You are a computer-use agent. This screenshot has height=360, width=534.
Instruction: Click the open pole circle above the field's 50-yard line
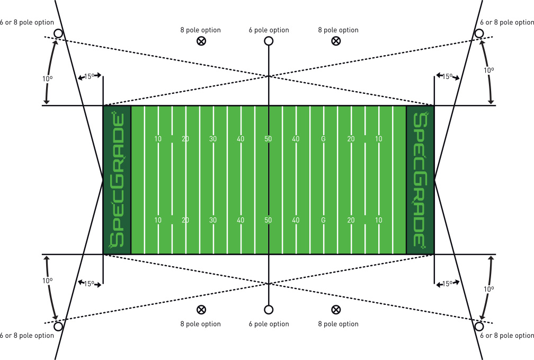[269, 37]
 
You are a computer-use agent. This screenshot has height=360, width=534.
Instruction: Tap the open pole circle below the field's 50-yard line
[269, 314]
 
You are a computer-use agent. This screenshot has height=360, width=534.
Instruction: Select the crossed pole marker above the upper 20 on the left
[201, 41]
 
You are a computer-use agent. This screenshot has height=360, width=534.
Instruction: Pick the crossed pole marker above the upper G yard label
[336, 41]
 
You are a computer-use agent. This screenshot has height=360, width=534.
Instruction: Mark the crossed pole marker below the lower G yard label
[336, 310]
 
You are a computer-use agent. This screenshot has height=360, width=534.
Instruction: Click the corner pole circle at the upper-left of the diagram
[59, 29]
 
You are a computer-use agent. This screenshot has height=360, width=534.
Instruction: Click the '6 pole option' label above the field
[269, 30]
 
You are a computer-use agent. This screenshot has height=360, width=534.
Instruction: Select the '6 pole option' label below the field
[269, 324]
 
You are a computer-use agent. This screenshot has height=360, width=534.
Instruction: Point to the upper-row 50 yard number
[268, 139]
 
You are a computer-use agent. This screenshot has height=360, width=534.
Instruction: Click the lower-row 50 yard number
[268, 220]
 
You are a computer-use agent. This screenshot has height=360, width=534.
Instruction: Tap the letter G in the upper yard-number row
[323, 139]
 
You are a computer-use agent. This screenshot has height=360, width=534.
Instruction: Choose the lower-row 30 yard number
[213, 220]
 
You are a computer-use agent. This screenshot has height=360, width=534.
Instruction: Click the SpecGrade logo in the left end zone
[117, 180]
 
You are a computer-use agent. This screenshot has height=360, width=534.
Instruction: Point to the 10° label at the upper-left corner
[47, 79]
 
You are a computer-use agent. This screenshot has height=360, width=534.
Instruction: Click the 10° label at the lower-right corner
[488, 289]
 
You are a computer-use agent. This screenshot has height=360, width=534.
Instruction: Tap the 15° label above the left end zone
[89, 76]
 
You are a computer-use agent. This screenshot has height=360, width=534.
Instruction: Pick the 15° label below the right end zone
[447, 284]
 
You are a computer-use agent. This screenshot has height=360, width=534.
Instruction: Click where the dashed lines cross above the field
[269, 76]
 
